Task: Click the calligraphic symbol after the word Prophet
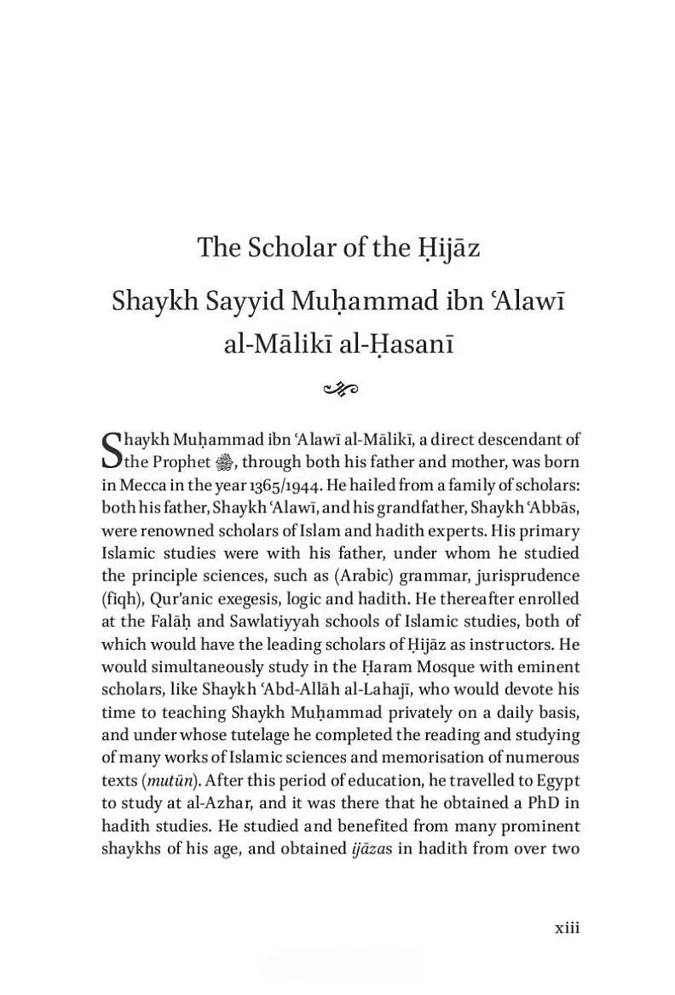pos(222,462)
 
